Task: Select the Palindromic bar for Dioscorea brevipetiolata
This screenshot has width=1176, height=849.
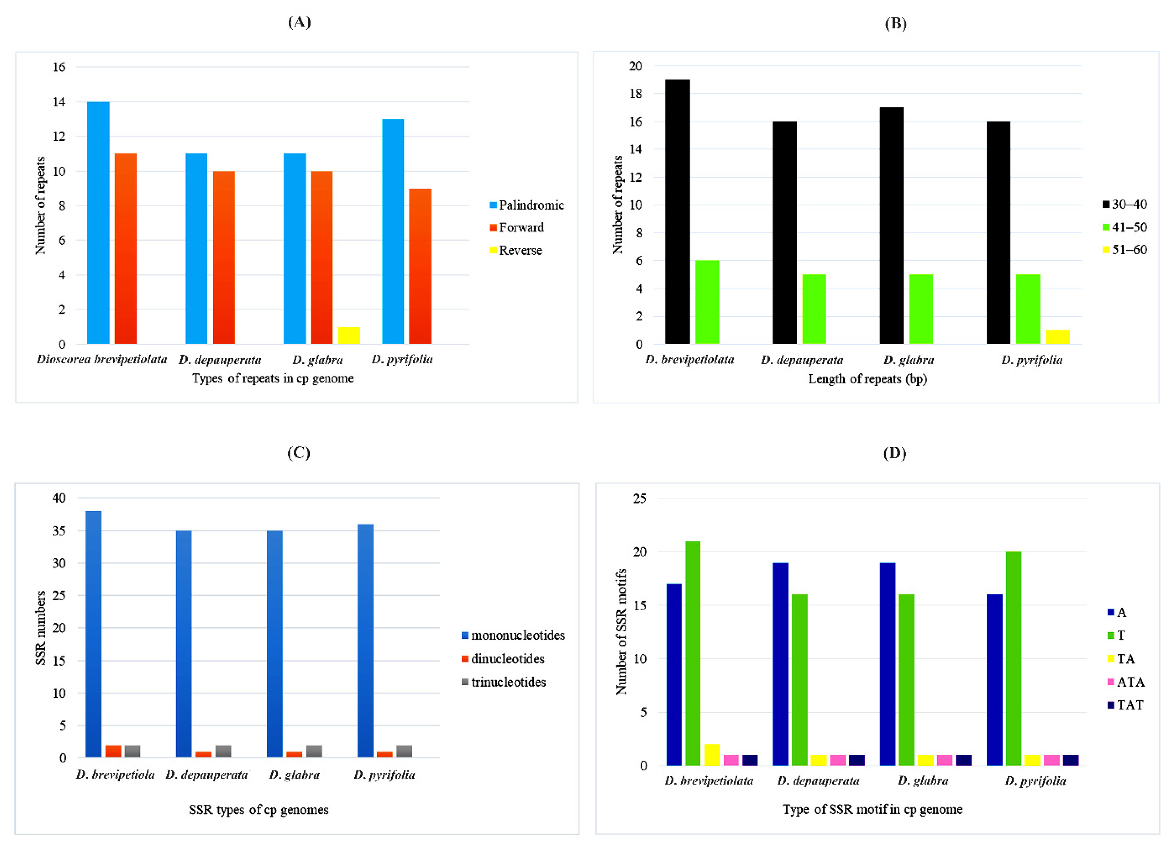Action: tap(98, 223)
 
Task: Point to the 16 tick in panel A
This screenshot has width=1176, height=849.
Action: tap(59, 67)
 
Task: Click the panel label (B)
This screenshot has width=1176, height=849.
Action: tap(895, 23)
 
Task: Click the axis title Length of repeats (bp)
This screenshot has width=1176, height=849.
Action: tap(867, 379)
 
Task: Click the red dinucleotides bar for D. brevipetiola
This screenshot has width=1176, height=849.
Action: tap(113, 751)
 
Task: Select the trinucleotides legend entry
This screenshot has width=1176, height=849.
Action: tap(507, 682)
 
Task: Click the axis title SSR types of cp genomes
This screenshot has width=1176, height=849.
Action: tap(258, 810)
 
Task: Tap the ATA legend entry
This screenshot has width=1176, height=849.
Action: tap(1129, 682)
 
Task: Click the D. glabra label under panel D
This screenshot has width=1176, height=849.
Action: tap(923, 781)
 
